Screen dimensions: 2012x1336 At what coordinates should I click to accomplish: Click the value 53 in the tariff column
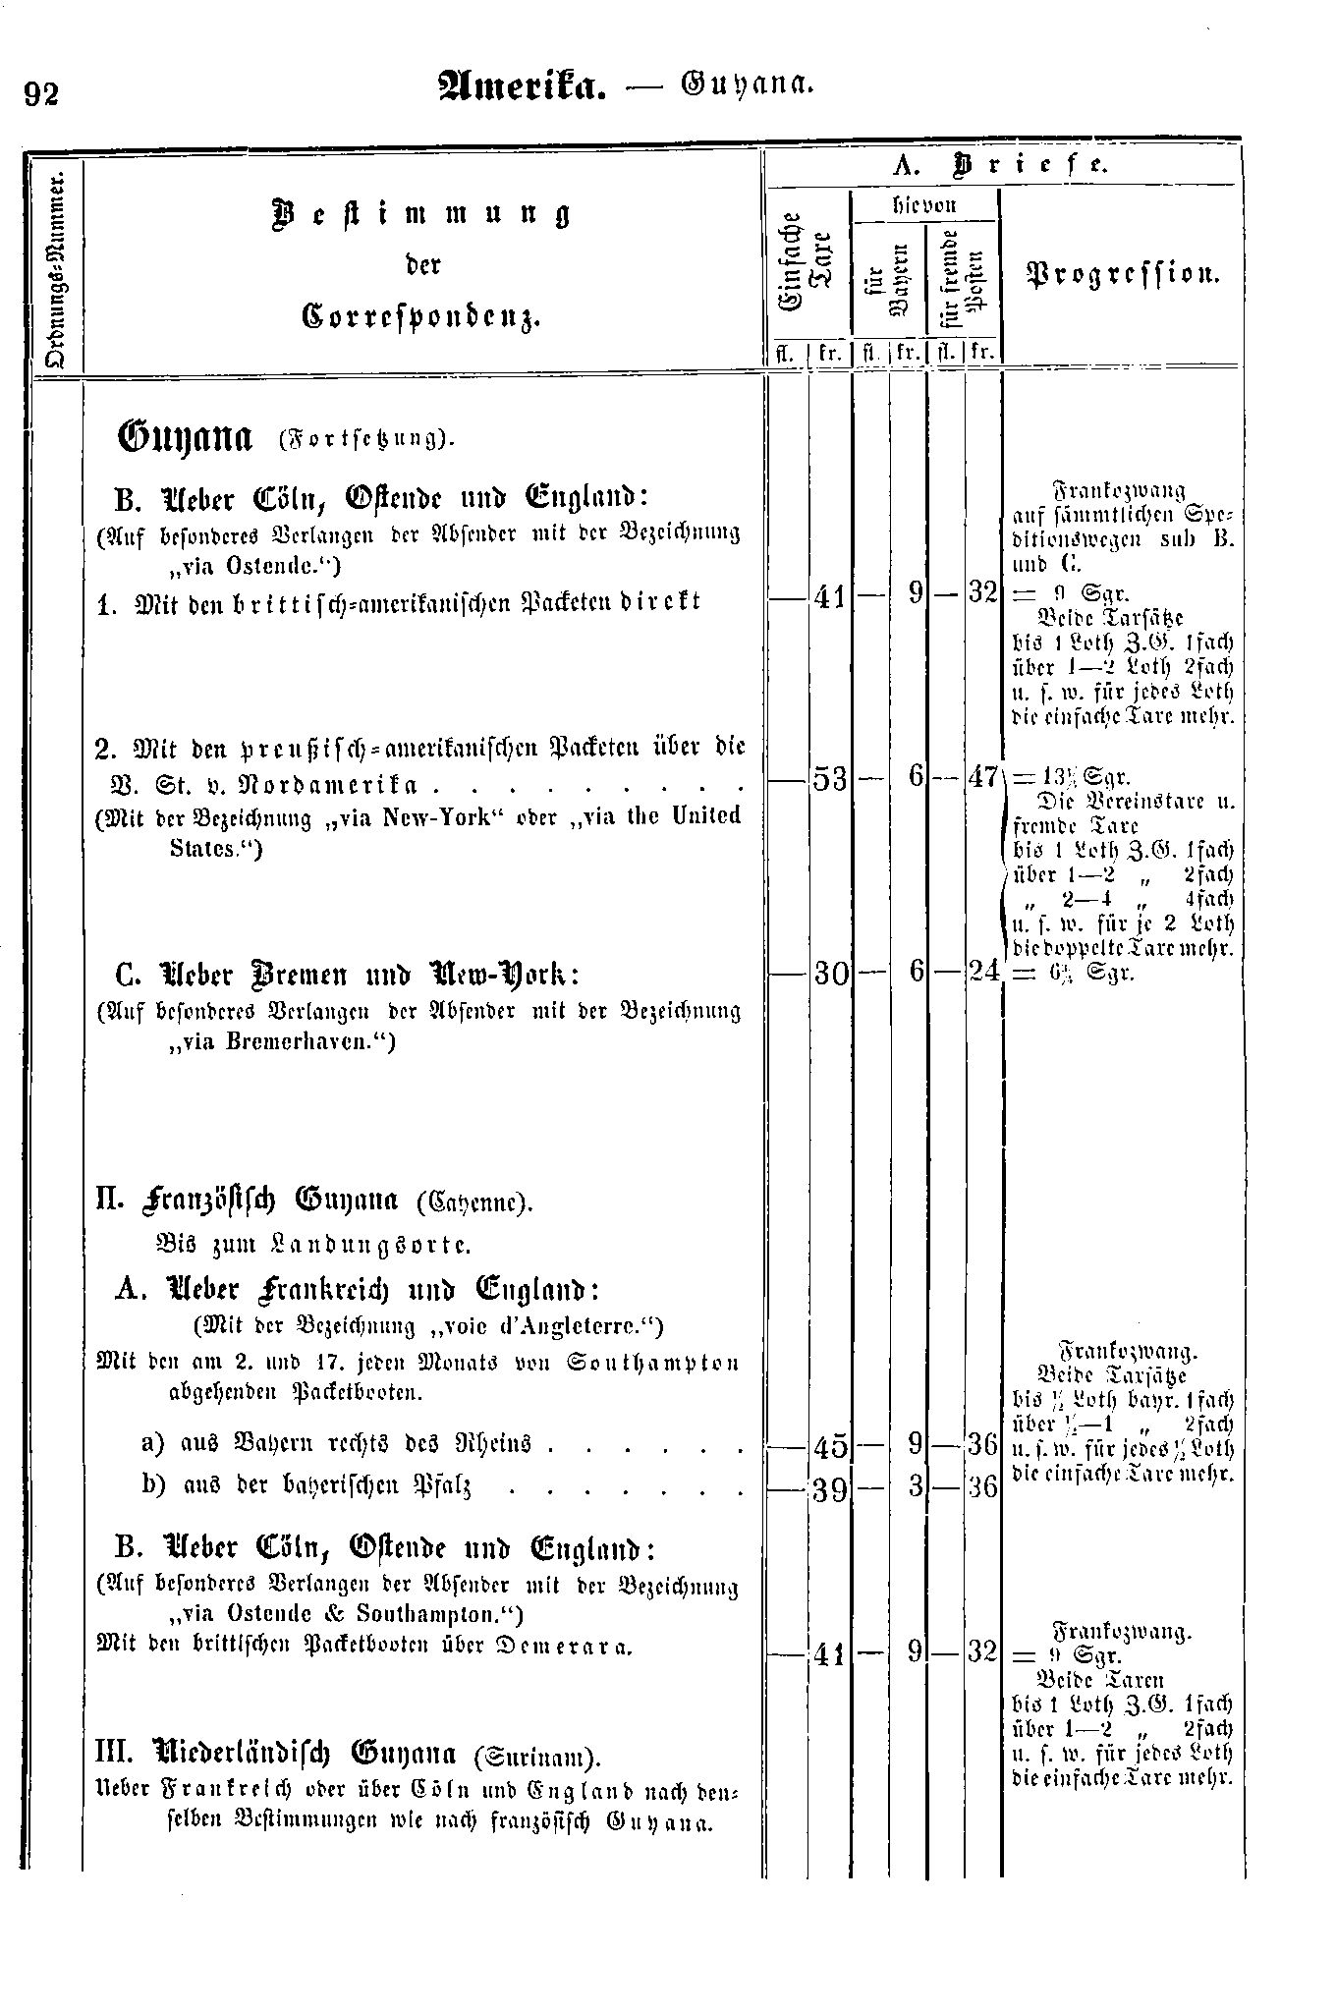(830, 778)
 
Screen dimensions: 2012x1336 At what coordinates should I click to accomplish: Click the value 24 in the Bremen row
(982, 972)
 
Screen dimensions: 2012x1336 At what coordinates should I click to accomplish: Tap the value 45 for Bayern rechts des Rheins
(830, 1446)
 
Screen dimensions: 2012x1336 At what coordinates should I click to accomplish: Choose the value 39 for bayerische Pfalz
(830, 1488)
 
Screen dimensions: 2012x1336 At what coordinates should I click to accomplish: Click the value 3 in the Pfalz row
(915, 1488)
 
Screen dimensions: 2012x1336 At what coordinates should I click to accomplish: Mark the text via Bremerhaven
(280, 1042)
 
